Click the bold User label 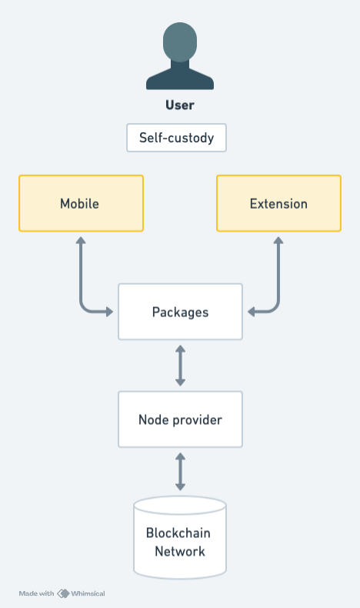pos(180,105)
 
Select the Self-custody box pos(177,139)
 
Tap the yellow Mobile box pos(81,203)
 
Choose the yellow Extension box pos(278,203)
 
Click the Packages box pos(180,312)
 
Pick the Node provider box pos(180,419)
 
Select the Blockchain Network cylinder pos(180,539)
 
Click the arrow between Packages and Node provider pos(180,366)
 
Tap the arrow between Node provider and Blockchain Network pos(180,472)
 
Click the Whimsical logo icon pos(63,593)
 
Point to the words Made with pos(36,593)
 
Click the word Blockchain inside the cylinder pos(178,533)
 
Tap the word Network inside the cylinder pos(179,551)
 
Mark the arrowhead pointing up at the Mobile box pos(81,241)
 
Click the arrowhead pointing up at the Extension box pos(278,241)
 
